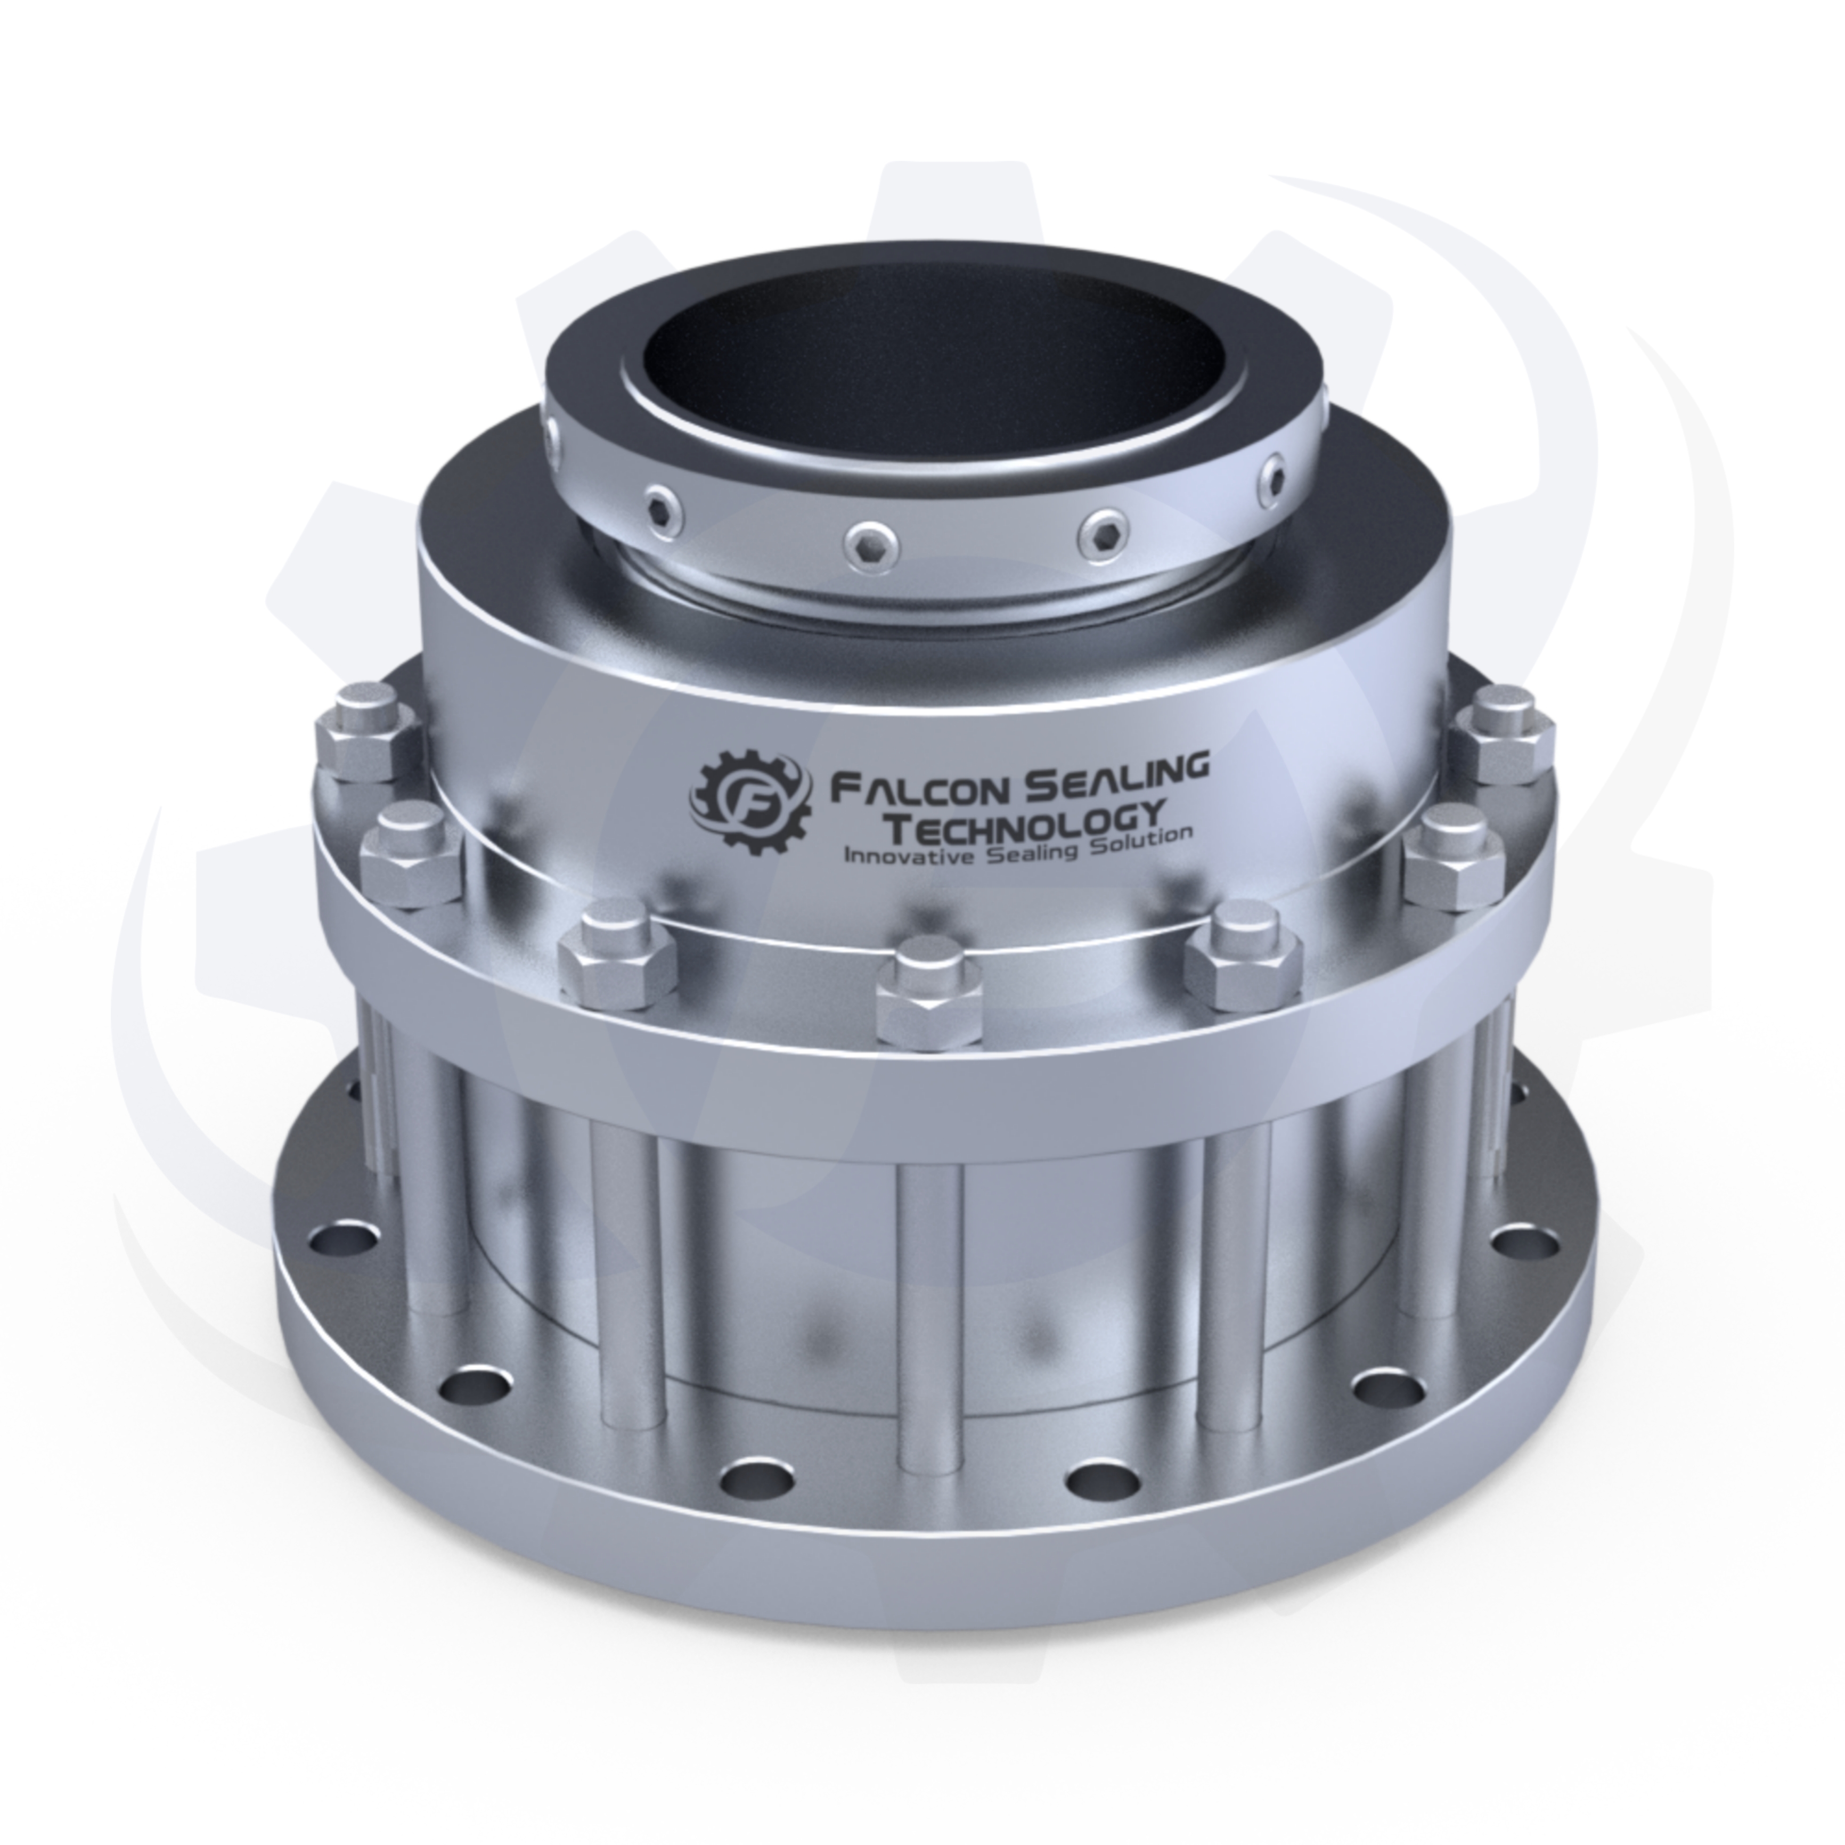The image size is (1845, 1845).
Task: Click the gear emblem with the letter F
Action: [750, 798]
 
